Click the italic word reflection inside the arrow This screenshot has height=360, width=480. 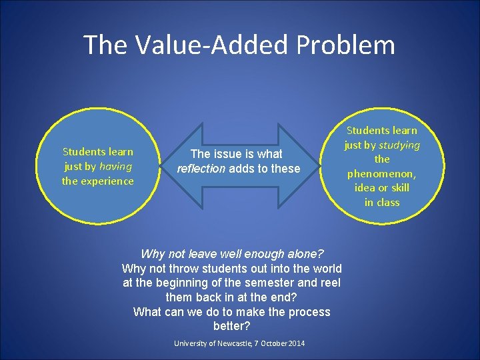click(201, 169)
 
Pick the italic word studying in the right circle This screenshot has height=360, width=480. click(399, 145)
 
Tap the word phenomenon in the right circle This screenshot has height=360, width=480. click(382, 173)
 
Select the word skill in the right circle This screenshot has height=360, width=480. click(397, 188)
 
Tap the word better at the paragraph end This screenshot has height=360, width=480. click(232, 326)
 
